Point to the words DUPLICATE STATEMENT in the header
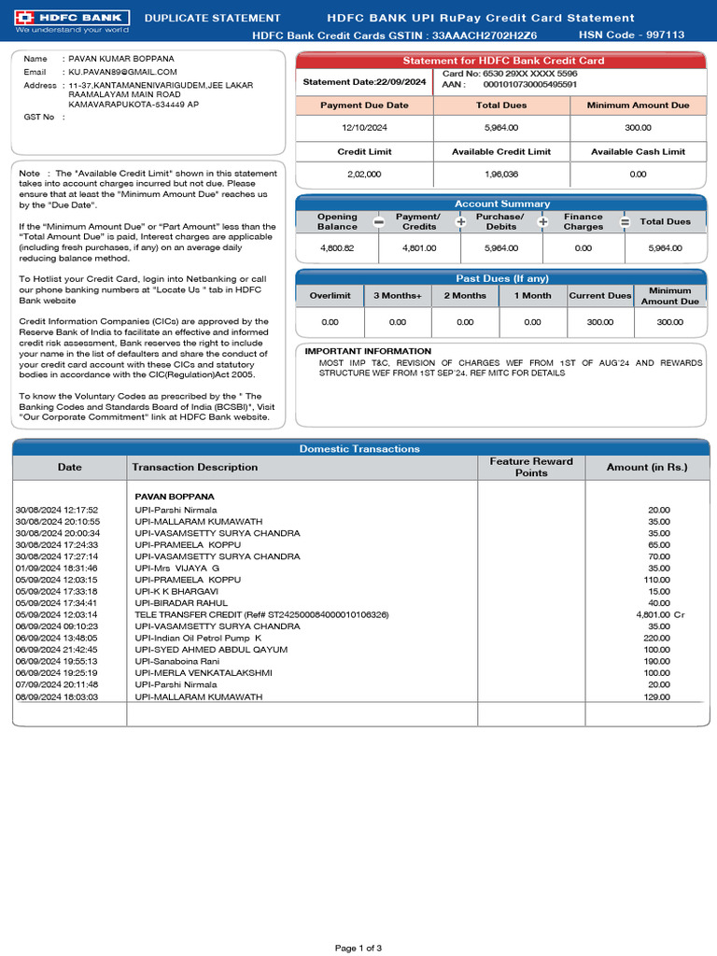pos(213,18)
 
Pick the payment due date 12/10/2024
pos(364,127)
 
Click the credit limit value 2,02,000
pos(364,174)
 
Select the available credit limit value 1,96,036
pos(501,174)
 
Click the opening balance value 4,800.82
pos(337,248)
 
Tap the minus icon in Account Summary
pos(378,222)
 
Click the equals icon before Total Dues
pos(625,222)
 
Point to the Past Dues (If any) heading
pos(502,278)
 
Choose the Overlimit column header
pos(330,296)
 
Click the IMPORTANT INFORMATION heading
pos(355,351)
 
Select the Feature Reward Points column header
pos(531,467)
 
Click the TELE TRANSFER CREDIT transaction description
pos(261,614)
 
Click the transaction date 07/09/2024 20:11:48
pos(57,683)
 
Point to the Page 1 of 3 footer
pos(358,948)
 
